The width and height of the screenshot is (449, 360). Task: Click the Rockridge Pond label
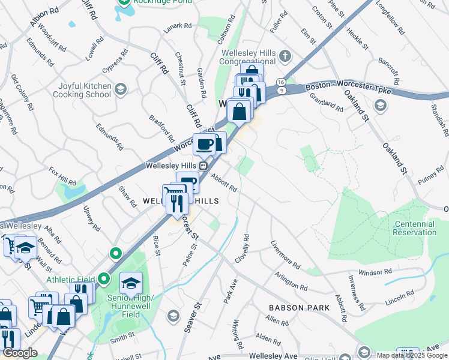164,2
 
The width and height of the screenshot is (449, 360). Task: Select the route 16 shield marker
280,82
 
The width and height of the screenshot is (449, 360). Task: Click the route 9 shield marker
280,90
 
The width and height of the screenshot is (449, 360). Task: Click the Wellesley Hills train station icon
203,166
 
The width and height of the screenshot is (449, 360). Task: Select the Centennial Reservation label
414,228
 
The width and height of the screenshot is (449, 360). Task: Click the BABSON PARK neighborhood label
300,308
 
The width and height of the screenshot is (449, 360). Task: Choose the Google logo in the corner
20,353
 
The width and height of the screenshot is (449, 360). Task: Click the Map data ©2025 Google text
412,355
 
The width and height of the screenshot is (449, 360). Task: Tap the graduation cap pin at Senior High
131,283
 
